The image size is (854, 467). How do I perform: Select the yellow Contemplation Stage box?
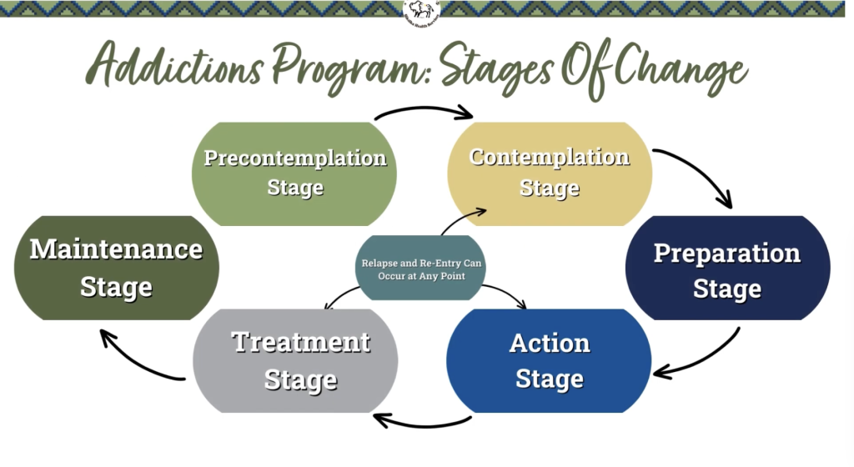click(x=550, y=173)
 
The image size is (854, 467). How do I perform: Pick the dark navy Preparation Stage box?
click(x=727, y=269)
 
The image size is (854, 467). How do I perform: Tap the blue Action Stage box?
click(x=549, y=360)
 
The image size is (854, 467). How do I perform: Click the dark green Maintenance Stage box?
click(x=117, y=268)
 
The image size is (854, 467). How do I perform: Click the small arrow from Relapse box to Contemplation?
click(x=464, y=220)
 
